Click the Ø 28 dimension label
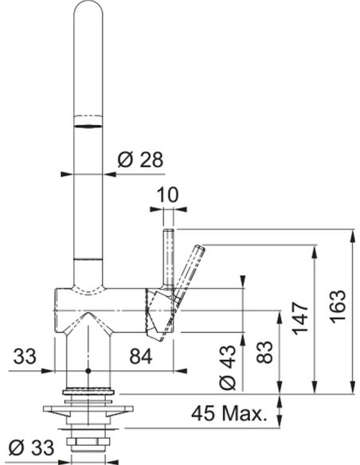(x=140, y=160)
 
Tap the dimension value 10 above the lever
(x=168, y=195)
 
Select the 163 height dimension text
(x=338, y=307)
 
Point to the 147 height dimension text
(x=301, y=318)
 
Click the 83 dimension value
(x=264, y=352)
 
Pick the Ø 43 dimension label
(x=228, y=367)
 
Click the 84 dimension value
(x=141, y=356)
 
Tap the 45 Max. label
(x=228, y=413)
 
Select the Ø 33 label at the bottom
(x=31, y=447)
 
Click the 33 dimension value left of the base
(x=25, y=356)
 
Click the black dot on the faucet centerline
(x=88, y=371)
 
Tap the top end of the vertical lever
(x=168, y=229)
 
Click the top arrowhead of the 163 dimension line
(x=352, y=235)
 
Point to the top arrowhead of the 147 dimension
(x=315, y=251)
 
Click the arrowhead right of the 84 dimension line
(x=181, y=371)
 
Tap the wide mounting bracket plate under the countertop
(x=88, y=409)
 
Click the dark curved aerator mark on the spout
(x=88, y=127)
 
